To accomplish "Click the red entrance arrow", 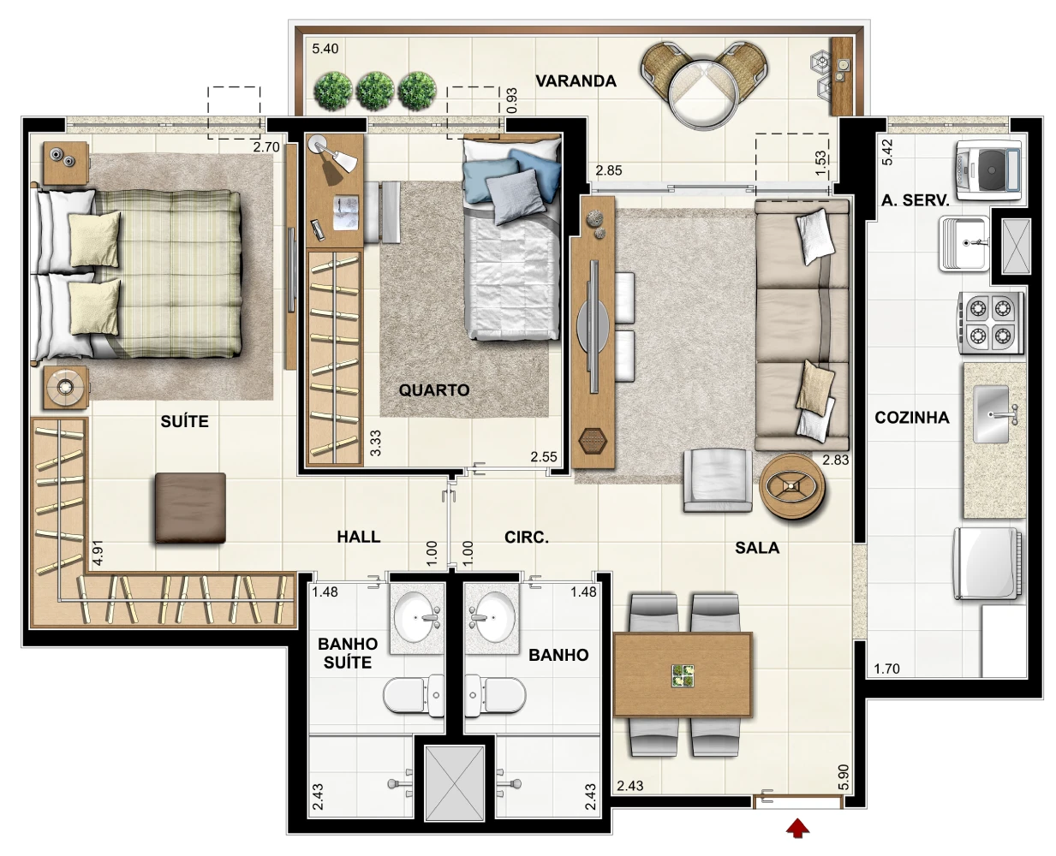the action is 797,829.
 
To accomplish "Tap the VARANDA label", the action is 576,80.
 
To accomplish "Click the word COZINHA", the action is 912,418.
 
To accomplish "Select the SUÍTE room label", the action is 184,421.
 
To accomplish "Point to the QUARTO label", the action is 434,390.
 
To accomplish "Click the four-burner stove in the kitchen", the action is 990,323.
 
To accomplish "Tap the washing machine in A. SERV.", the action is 988,170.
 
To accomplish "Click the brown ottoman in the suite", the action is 190,508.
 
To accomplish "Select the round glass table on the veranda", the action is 703,93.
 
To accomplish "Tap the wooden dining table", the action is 683,675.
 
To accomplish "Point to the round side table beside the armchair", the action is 791,486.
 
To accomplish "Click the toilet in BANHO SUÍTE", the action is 414,694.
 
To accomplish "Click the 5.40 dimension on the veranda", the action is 325,49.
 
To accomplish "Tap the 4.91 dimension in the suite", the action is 98,553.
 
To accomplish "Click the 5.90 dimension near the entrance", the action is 844,776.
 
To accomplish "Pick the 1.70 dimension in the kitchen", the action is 886,669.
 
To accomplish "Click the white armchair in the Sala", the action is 717,480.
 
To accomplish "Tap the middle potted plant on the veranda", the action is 375,91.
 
